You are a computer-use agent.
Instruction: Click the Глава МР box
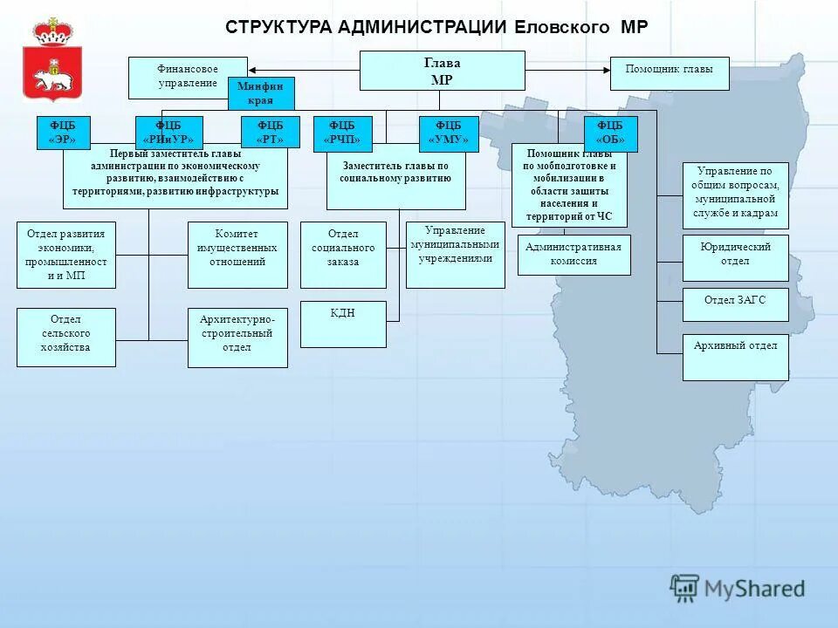[x=443, y=71]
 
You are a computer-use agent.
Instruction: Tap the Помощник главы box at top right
[x=669, y=74]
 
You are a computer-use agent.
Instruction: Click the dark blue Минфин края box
[x=261, y=93]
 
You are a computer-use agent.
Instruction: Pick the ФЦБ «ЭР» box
[x=63, y=132]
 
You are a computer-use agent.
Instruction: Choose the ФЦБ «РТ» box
[x=270, y=132]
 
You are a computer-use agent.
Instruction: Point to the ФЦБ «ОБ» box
[x=610, y=133]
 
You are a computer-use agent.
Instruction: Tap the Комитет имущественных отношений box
[x=237, y=255]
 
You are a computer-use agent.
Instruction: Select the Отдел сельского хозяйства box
[x=66, y=337]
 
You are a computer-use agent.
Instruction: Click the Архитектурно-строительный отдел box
[x=237, y=337]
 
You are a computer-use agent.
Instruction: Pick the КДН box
[x=343, y=324]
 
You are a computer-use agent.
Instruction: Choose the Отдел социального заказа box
[x=343, y=255]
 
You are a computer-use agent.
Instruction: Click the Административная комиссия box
[x=574, y=255]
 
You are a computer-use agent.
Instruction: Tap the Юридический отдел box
[x=735, y=257]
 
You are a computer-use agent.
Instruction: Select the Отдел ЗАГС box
[x=735, y=304]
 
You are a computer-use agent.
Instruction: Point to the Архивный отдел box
[x=735, y=357]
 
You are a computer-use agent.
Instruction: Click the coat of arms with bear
[x=52, y=61]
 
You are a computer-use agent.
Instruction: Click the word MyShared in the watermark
[x=754, y=589]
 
